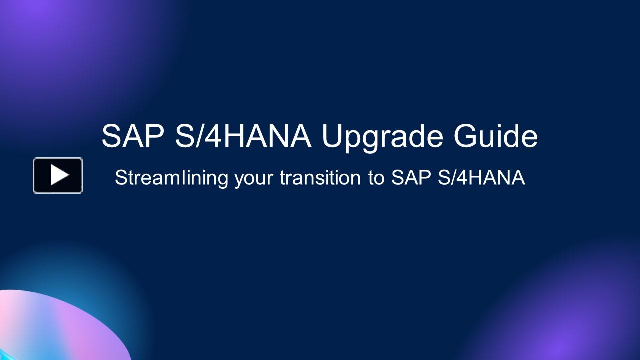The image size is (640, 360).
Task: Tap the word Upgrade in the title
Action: coord(382,137)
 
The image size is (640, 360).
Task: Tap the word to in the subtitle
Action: coord(376,178)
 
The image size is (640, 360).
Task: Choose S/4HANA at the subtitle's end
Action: coord(481,178)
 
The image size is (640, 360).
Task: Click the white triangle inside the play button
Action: coord(59,175)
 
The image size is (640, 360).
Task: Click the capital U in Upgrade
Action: coord(332,136)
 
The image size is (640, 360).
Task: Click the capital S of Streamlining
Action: coord(120,178)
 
